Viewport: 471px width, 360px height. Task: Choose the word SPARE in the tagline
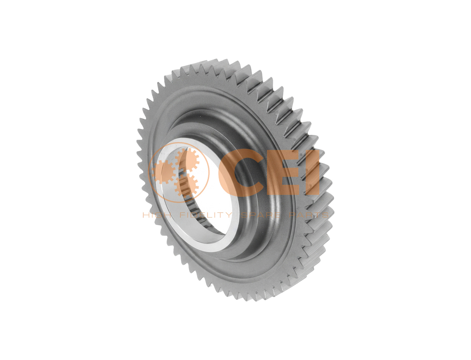[260, 215]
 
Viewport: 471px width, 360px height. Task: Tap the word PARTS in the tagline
[309, 215]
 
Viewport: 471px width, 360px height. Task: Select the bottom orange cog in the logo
[186, 185]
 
